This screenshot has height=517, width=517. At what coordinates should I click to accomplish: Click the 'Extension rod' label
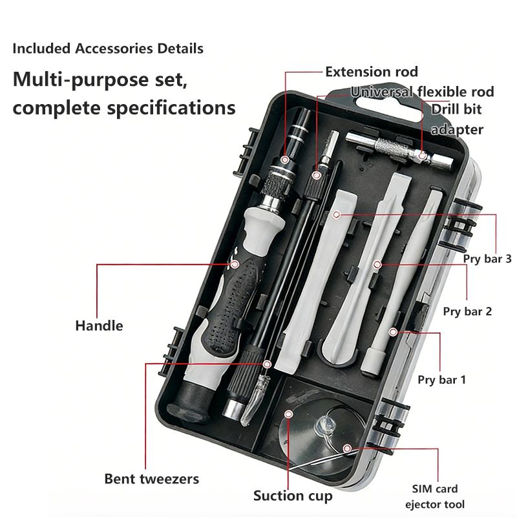(x=372, y=72)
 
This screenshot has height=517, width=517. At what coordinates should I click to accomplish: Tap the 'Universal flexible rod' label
(x=423, y=92)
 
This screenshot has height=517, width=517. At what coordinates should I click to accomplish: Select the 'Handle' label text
(x=99, y=325)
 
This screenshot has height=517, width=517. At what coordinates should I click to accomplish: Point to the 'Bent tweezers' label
(x=152, y=479)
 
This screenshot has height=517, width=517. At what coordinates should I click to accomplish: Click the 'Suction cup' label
(x=293, y=496)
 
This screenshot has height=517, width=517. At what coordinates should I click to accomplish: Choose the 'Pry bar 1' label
(x=441, y=379)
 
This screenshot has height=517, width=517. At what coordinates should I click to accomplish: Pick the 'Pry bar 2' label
(x=467, y=311)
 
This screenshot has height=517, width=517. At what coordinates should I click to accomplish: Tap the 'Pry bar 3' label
(x=487, y=258)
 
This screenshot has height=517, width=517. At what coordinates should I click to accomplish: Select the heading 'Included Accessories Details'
(x=108, y=48)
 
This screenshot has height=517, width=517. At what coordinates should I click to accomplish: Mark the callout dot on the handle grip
(x=235, y=264)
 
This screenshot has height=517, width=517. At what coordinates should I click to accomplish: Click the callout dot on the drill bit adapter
(x=422, y=155)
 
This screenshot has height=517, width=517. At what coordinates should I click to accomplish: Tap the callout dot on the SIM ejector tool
(x=347, y=448)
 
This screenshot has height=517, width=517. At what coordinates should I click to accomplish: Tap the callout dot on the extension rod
(x=285, y=159)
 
